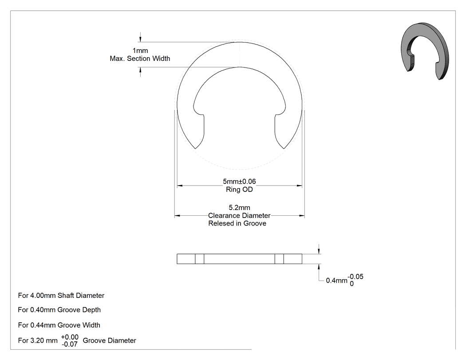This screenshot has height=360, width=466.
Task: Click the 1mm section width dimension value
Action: point(140,51)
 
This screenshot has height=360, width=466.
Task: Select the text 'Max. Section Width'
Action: point(140,59)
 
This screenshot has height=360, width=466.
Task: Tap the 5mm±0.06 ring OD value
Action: point(239,182)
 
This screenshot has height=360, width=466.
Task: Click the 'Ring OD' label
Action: point(239,190)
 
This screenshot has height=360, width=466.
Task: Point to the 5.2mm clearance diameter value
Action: point(239,207)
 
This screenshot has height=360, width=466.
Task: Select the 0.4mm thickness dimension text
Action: point(336,281)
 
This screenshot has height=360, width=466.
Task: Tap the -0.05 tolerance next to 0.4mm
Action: point(355,277)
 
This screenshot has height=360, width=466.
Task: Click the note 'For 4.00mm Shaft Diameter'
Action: point(61,296)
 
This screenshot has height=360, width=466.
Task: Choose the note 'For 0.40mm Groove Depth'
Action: point(59,310)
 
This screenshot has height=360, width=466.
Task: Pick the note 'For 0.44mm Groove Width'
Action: point(59,325)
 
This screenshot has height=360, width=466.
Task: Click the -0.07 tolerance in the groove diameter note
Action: point(70,344)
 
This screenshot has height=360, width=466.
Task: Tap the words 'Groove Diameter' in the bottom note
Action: point(109,340)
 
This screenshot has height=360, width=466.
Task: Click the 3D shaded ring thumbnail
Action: point(425,51)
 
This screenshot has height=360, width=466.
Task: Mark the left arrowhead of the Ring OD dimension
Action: point(180,186)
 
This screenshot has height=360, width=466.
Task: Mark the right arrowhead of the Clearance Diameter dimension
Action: point(302,216)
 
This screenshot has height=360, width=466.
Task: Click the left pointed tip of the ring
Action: point(195,148)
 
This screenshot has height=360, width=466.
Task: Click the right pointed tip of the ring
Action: point(284,148)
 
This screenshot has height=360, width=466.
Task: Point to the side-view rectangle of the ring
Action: point(240,259)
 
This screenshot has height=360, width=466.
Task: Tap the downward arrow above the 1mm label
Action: point(141,37)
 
